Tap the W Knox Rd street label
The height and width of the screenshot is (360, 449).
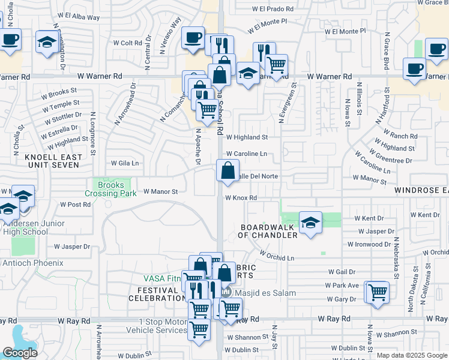coord(241,198)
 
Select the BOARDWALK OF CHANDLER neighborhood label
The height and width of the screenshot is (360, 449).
coord(269,231)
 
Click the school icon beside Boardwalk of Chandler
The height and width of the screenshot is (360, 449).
coord(310,223)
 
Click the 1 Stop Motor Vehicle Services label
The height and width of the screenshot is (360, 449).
coord(164,326)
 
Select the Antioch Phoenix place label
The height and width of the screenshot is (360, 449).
coord(33,263)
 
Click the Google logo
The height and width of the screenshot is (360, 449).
coord(20,353)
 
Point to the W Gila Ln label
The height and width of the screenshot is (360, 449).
coord(125,163)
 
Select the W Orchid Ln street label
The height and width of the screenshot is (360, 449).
coord(274,257)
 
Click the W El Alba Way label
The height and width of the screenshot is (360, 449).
coord(79,17)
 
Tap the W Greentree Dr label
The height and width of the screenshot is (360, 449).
coord(392,161)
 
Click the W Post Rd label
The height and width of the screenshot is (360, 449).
coord(76,205)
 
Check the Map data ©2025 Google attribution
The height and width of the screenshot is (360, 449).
coord(411,355)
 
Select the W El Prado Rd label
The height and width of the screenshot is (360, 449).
coord(273,10)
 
